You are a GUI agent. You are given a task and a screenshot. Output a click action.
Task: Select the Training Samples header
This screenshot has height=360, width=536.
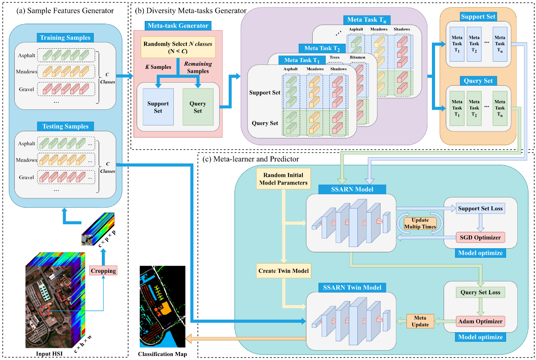coord(65,38)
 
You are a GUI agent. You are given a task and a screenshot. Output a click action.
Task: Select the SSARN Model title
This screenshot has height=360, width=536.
coord(352,189)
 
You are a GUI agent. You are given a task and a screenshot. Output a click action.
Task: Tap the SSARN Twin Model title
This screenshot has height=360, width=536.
coord(352,287)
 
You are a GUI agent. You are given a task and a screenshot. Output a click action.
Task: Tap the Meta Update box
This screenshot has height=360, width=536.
coord(420,321)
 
